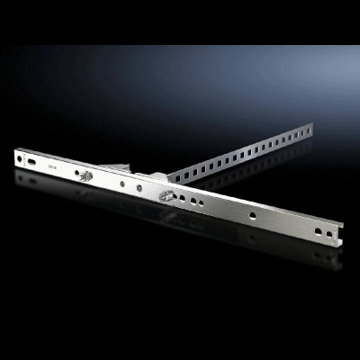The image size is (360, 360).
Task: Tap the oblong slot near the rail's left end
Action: pyautogui.click(x=34, y=161)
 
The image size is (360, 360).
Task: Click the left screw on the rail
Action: pyautogui.click(x=86, y=176)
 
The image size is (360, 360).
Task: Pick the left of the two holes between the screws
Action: pyautogui.click(x=122, y=184)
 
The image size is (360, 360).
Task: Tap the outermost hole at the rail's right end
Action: pyautogui.click(x=329, y=235)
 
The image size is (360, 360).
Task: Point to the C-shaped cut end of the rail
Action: pyautogui.click(x=340, y=239)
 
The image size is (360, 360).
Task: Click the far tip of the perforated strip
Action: pyautogui.click(x=310, y=128)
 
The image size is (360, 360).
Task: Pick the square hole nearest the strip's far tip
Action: pyautogui.click(x=303, y=132)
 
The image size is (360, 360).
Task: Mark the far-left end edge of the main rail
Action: pyautogui.click(x=15, y=158)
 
